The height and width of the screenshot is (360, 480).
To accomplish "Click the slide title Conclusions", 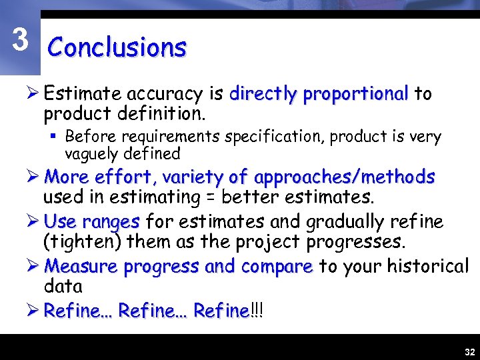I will [117, 48].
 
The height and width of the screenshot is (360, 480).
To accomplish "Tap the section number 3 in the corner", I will [21, 41].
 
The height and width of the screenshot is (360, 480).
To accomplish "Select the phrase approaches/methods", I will [345, 177].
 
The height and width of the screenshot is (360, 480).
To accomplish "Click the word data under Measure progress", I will [63, 287].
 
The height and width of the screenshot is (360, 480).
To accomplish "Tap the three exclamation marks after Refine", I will [257, 311].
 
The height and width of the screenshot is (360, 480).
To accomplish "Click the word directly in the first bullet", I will [262, 95].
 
